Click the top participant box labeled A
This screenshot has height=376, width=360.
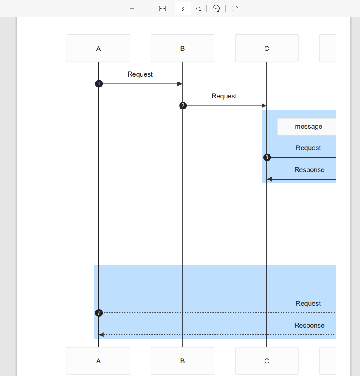point(98,48)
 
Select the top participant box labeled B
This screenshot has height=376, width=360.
point(183,48)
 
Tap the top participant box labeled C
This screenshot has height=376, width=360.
point(267,48)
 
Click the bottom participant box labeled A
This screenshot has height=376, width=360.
point(98,361)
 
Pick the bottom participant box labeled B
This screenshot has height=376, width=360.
point(183,361)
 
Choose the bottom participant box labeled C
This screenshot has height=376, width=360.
point(267,361)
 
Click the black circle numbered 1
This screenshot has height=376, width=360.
point(99,84)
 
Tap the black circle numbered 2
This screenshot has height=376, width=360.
point(183,106)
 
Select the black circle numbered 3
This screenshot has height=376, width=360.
point(267,158)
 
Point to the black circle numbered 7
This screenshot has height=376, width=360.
point(99,313)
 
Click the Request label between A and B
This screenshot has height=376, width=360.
point(140,74)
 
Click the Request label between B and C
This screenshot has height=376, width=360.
point(224,96)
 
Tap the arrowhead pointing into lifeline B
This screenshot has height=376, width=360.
point(180,84)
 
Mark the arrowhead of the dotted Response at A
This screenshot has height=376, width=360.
point(101,335)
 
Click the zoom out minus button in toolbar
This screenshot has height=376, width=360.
point(132,8)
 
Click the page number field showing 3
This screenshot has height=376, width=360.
point(183,8)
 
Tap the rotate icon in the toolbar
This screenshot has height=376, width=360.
point(216,8)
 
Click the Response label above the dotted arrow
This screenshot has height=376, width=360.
point(309,326)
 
